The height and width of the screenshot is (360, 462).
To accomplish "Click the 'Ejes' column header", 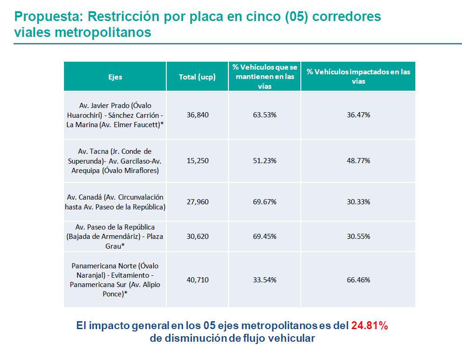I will point(115,77).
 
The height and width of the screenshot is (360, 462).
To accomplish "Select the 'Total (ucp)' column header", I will point(197,77).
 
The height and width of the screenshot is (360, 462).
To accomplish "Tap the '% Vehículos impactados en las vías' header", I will point(358,76).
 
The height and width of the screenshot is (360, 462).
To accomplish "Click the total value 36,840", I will point(197,115).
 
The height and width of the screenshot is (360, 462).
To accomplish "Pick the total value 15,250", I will point(197,160).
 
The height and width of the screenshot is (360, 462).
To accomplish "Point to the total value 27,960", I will point(197,202).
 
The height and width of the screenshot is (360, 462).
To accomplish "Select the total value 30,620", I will point(197,236).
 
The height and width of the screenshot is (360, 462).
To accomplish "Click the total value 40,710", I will point(197,280).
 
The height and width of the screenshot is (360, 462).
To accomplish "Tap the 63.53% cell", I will point(264,115).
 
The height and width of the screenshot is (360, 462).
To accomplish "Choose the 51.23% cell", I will point(264,160).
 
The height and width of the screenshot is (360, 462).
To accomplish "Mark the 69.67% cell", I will point(264,202).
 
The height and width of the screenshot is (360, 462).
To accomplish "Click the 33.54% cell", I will point(264,280).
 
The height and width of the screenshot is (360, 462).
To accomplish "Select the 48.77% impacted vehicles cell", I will point(358,160).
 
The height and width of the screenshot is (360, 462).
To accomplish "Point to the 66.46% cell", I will point(358,280).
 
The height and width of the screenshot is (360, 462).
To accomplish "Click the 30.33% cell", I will point(358,202).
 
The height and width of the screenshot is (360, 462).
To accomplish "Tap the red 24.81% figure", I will point(370,326).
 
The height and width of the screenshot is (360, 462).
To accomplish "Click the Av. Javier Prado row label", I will point(115,115).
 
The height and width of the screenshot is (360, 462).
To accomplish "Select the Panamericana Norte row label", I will point(115,280).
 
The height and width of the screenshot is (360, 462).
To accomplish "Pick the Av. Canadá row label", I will point(115,202).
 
